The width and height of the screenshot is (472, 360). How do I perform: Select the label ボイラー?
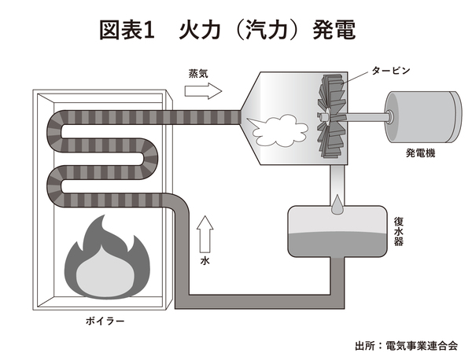[104, 321]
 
